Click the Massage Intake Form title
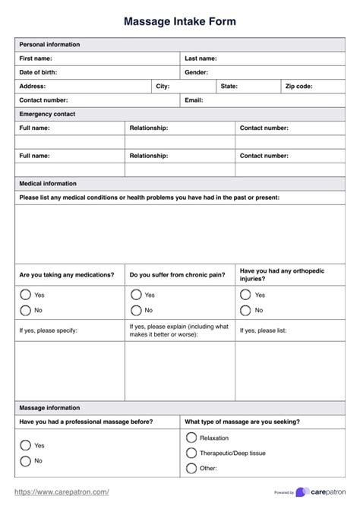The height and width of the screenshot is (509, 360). coord(180,22)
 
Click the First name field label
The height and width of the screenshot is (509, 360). coord(36,58)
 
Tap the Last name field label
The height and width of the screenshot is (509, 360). coord(201,58)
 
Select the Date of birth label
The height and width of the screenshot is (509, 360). coord(38,72)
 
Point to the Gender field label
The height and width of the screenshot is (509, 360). coord(197,72)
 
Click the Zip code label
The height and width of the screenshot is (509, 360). coord(298,87)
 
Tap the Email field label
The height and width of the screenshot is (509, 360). coord(194,100)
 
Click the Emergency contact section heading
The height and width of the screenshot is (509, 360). coord(47,114)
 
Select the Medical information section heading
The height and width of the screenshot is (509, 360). coord(48,183)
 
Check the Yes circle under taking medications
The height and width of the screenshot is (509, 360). coord(25,295)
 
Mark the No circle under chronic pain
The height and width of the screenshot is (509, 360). coord(136,310)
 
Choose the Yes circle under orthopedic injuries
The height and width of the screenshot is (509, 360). coord(245,295)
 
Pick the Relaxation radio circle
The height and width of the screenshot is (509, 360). coord(191,438)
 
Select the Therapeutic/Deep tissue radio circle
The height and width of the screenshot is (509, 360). coord(191,454)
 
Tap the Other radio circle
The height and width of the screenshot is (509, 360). coord(191,469)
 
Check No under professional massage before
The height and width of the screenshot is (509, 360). coord(25,461)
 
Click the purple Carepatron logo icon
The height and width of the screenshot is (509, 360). coord(302,492)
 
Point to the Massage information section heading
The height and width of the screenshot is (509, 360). coord(49,408)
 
